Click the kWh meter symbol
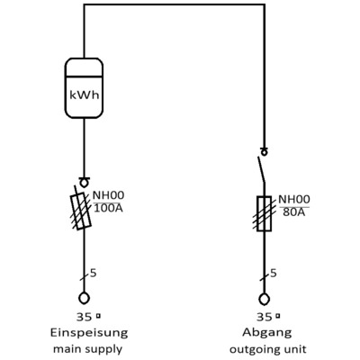click(84, 87)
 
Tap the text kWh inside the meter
click(84, 93)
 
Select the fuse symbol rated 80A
click(264, 214)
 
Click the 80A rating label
click(290, 214)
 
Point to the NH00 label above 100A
click(110, 195)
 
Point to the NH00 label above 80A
click(293, 200)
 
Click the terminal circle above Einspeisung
click(84, 298)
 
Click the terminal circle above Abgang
click(264, 298)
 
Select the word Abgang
click(264, 332)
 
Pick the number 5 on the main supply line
click(93, 271)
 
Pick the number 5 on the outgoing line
click(274, 271)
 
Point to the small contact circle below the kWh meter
click(84, 183)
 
